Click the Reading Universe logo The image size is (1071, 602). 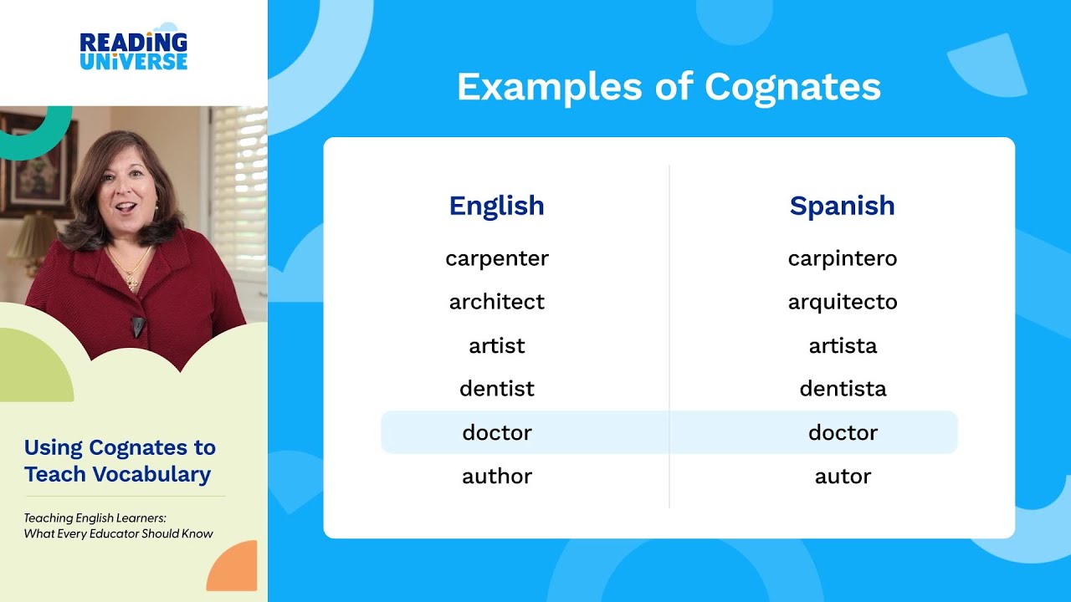pos(134,50)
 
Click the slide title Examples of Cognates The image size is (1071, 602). pos(669,87)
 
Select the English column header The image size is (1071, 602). pos(496,206)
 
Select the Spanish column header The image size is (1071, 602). pos(842,206)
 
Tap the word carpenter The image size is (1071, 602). pos(496,258)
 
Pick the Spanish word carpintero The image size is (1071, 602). pos(842,258)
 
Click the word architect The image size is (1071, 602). pos(496,302)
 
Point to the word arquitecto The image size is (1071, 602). pos(842,302)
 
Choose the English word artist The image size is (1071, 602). pos(496,345)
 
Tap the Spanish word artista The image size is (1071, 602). pos(842,345)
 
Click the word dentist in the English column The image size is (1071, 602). pos(496,389)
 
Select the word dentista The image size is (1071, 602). pos(842,389)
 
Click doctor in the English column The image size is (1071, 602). pos(496,432)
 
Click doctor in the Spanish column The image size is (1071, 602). pos(842,432)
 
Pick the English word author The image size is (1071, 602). pos(496,476)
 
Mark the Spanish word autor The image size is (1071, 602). pos(842,476)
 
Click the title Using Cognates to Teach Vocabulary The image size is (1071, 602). pos(120,461)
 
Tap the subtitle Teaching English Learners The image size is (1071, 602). pos(95,518)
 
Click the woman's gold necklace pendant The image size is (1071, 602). pos(131,281)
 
